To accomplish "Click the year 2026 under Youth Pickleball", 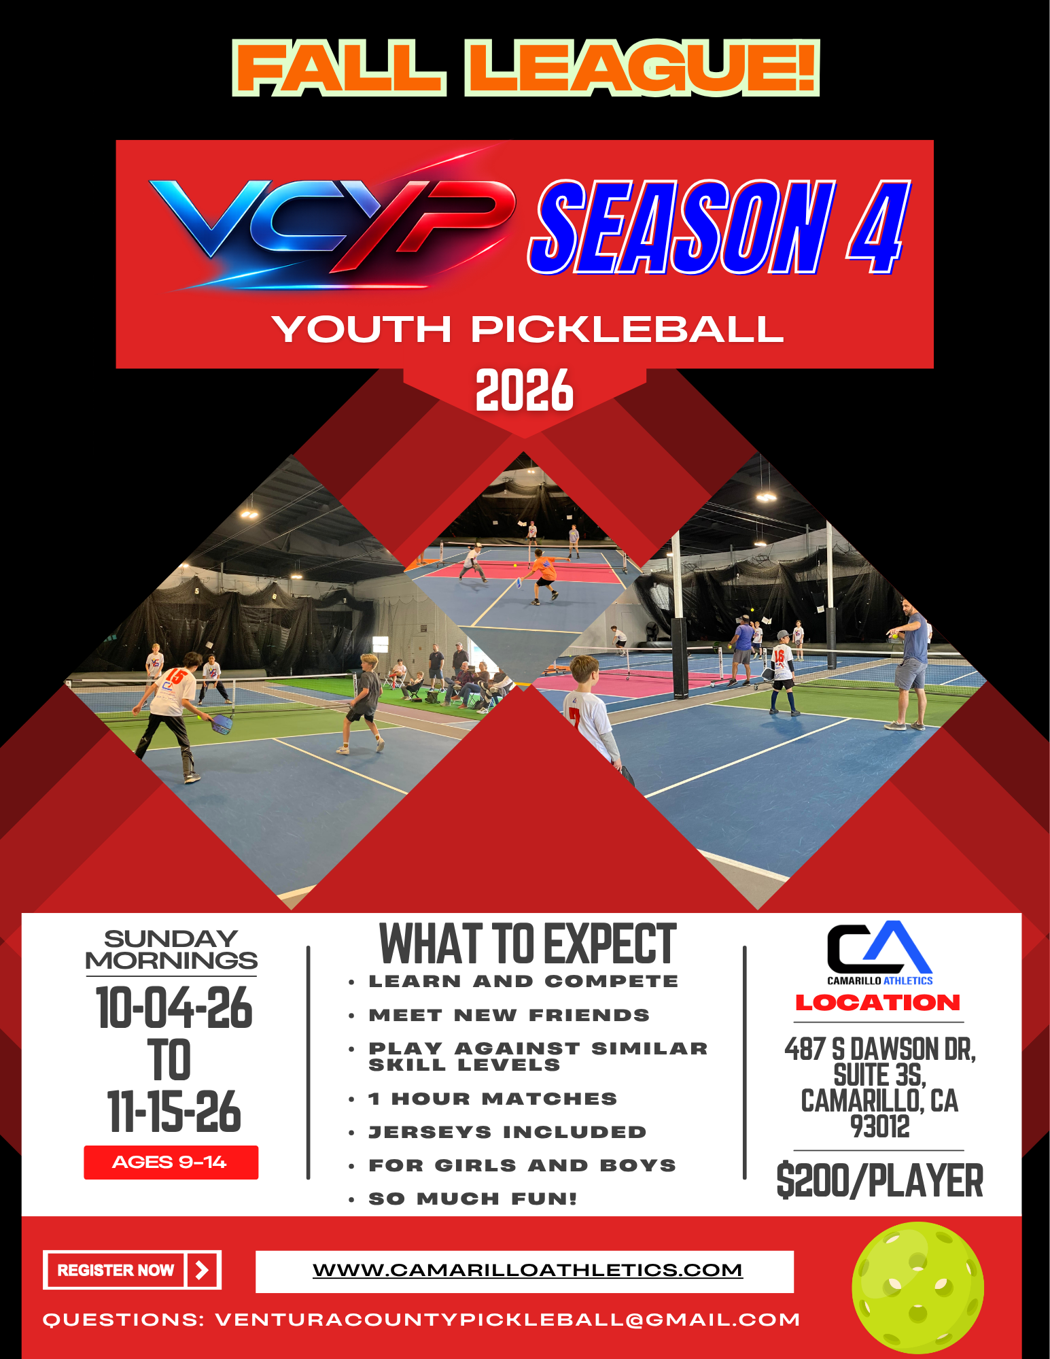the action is [525, 390].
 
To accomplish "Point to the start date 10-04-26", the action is [174, 1008].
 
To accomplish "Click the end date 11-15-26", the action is [174, 1112].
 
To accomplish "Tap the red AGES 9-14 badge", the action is [171, 1163].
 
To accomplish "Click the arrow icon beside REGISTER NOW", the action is [202, 1270].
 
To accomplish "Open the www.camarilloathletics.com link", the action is [527, 1270].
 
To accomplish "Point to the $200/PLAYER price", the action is [879, 1181].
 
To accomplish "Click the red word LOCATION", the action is [878, 1003].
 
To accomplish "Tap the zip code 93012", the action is [879, 1126].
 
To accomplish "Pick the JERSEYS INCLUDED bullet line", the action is [507, 1132].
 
